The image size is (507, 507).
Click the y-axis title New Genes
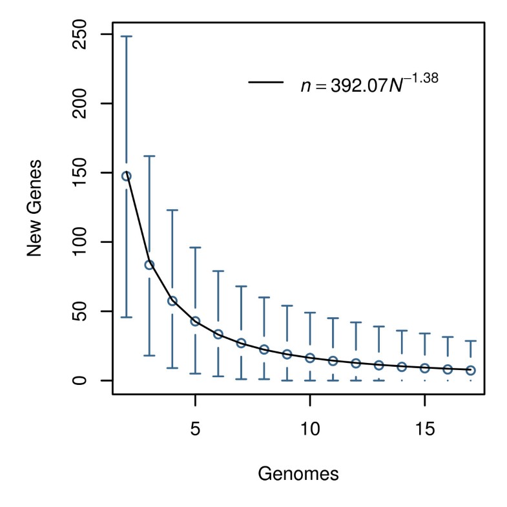point(35,207)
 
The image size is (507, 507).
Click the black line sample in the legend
point(266,82)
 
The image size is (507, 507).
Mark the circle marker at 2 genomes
point(127,176)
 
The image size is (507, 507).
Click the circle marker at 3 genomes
point(149,265)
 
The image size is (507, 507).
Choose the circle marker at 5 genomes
point(195,321)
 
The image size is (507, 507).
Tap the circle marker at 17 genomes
point(471,370)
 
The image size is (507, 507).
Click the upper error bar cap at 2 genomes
point(127,36)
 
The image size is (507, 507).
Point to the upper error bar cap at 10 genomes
point(310,312)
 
